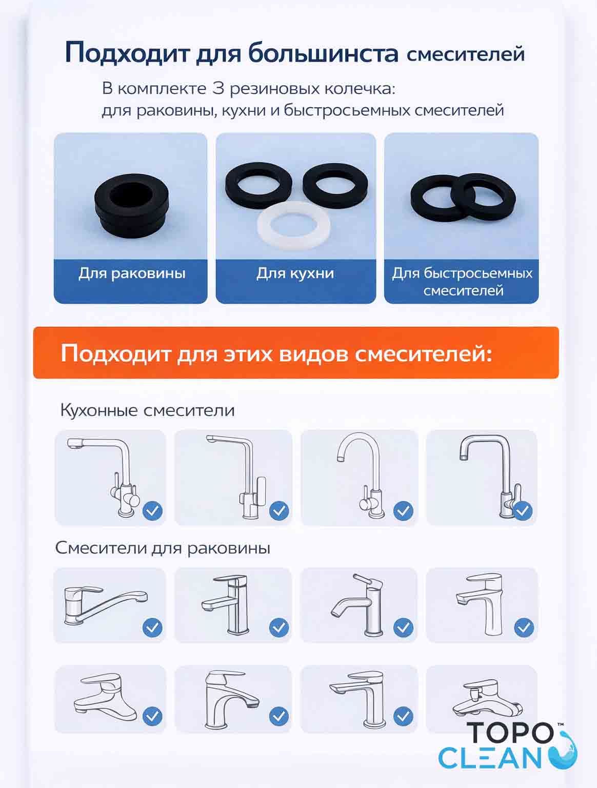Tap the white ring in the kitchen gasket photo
pyautogui.click(x=293, y=236)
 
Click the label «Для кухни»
pyautogui.click(x=295, y=273)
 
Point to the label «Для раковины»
pyautogui.click(x=132, y=273)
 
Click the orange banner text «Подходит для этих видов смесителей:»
pyautogui.click(x=276, y=353)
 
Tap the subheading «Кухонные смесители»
pyautogui.click(x=148, y=410)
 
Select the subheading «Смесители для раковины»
pyautogui.click(x=163, y=548)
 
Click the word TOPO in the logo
pyautogui.click(x=510, y=733)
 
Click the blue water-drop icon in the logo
pyautogui.click(x=565, y=752)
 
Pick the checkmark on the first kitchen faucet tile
pyautogui.click(x=152, y=510)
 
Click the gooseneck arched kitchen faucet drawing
pyautogui.click(x=360, y=475)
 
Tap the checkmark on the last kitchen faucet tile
pyautogui.click(x=522, y=510)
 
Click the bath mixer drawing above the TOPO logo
pyautogui.click(x=487, y=698)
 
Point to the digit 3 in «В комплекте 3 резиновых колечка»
pyautogui.click(x=218, y=88)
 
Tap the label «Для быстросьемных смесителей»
pyautogui.click(x=462, y=282)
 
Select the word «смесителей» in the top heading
pyautogui.click(x=466, y=54)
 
